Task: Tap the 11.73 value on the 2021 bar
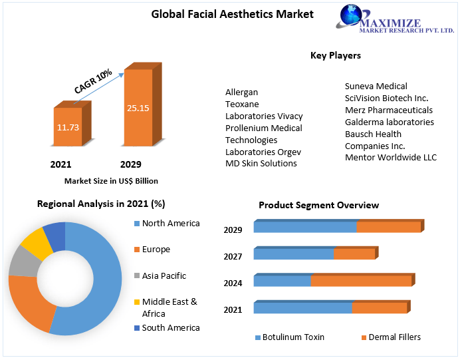(x=68, y=126)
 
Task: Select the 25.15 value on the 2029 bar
(x=138, y=107)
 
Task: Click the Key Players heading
(x=336, y=55)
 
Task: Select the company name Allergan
(x=241, y=92)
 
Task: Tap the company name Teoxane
(x=242, y=104)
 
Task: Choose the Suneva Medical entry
(x=376, y=86)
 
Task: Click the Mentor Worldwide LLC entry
(x=390, y=157)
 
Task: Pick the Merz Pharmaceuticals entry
(x=388, y=110)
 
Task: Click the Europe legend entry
(x=156, y=249)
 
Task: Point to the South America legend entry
(x=170, y=327)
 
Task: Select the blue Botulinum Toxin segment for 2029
(x=304, y=227)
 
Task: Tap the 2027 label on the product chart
(x=233, y=256)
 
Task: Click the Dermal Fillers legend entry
(x=394, y=337)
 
